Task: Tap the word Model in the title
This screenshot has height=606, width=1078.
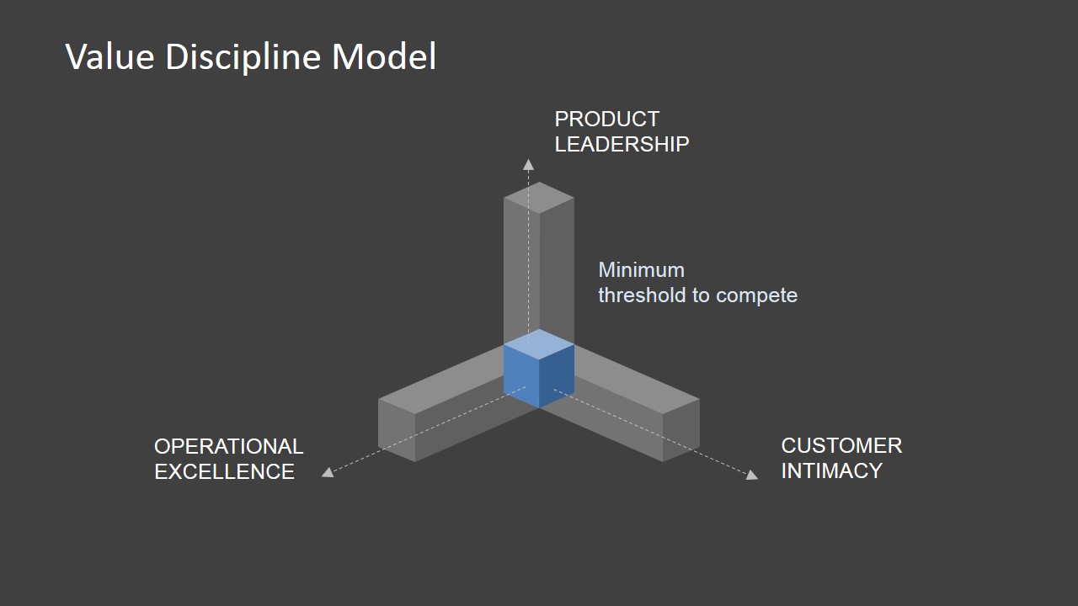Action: click(384, 57)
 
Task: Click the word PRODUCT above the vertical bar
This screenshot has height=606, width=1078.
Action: click(606, 120)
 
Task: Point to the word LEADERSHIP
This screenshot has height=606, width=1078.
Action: click(622, 145)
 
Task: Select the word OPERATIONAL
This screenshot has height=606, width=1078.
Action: click(228, 446)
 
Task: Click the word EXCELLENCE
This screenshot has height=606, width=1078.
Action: click(224, 471)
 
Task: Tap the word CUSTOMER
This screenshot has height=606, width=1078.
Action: click(841, 445)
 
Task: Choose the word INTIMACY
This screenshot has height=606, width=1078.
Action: click(831, 470)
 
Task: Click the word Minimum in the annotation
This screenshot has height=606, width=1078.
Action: click(641, 270)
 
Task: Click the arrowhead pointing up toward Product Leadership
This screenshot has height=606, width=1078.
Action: click(528, 164)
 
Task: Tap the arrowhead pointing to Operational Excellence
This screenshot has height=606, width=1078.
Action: click(328, 472)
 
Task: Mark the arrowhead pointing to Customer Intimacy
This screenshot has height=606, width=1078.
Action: click(751, 475)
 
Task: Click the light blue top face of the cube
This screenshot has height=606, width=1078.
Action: click(539, 344)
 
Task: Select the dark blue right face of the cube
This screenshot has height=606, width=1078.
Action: click(557, 375)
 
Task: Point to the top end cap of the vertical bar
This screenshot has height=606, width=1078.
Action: click(539, 198)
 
